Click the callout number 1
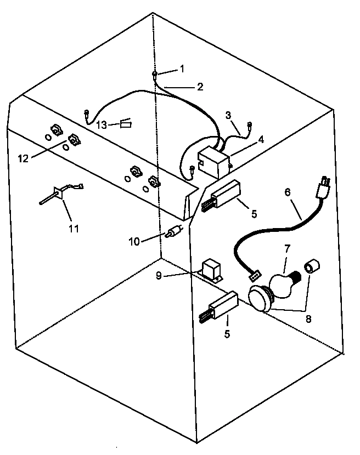[182, 69]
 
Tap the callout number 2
[200, 87]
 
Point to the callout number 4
[261, 139]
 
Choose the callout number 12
[22, 158]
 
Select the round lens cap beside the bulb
[261, 299]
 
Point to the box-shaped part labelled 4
[214, 162]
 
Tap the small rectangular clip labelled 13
[126, 124]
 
